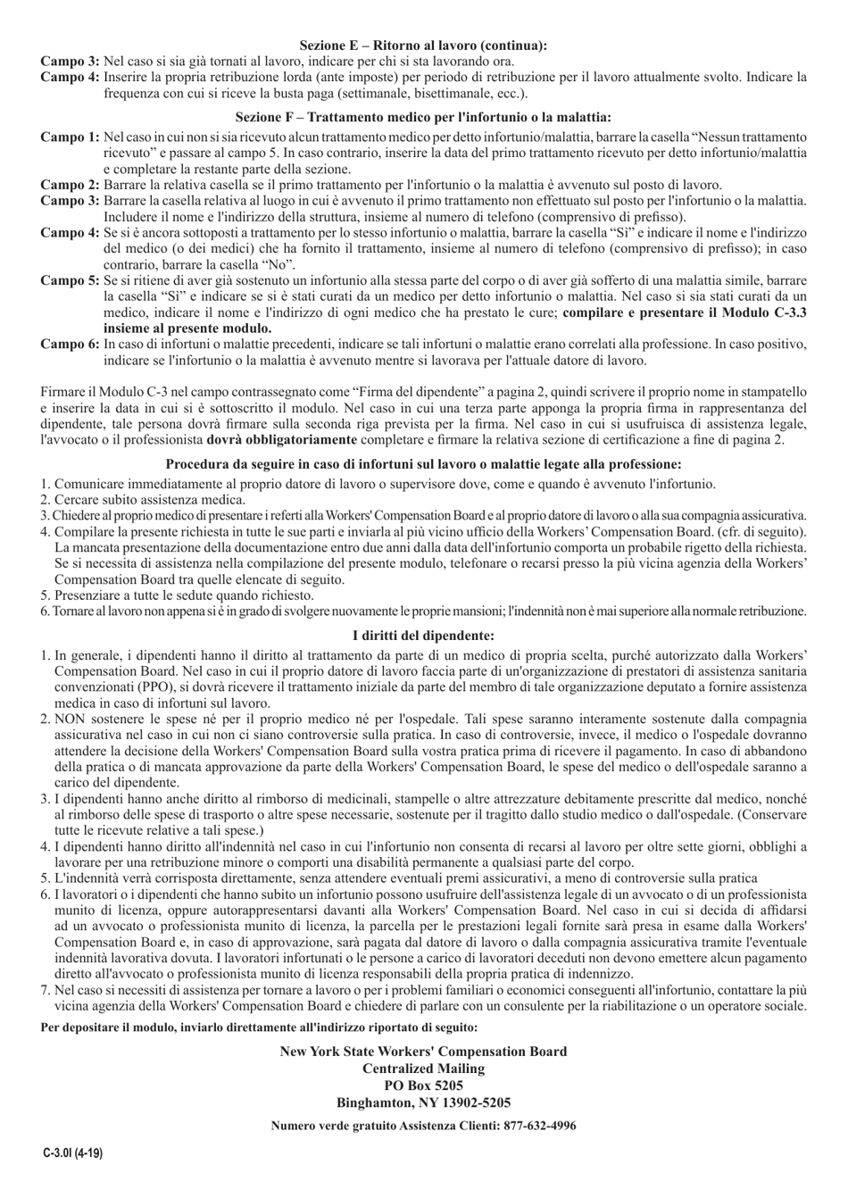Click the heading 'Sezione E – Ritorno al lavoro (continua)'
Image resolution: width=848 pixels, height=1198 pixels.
tap(423, 44)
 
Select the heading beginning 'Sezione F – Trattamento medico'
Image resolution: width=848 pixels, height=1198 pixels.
tap(423, 116)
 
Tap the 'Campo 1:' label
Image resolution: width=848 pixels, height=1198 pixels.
tap(71, 137)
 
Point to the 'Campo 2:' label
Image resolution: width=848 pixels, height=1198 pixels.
tap(71, 184)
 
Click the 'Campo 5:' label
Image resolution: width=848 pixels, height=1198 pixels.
tap(71, 280)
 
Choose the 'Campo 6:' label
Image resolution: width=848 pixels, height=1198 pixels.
tap(71, 343)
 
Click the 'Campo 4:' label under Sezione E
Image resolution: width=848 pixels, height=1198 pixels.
tap(71, 78)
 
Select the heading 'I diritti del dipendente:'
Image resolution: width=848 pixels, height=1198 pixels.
tap(423, 636)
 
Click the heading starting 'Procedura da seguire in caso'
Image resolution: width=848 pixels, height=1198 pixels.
tap(423, 464)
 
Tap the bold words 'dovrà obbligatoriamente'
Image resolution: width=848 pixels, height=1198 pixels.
tap(281, 440)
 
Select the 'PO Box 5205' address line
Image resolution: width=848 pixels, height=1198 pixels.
tap(423, 1086)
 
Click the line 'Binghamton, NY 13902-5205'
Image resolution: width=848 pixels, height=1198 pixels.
tap(423, 1102)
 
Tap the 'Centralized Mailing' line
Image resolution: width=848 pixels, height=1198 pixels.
tap(423, 1069)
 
